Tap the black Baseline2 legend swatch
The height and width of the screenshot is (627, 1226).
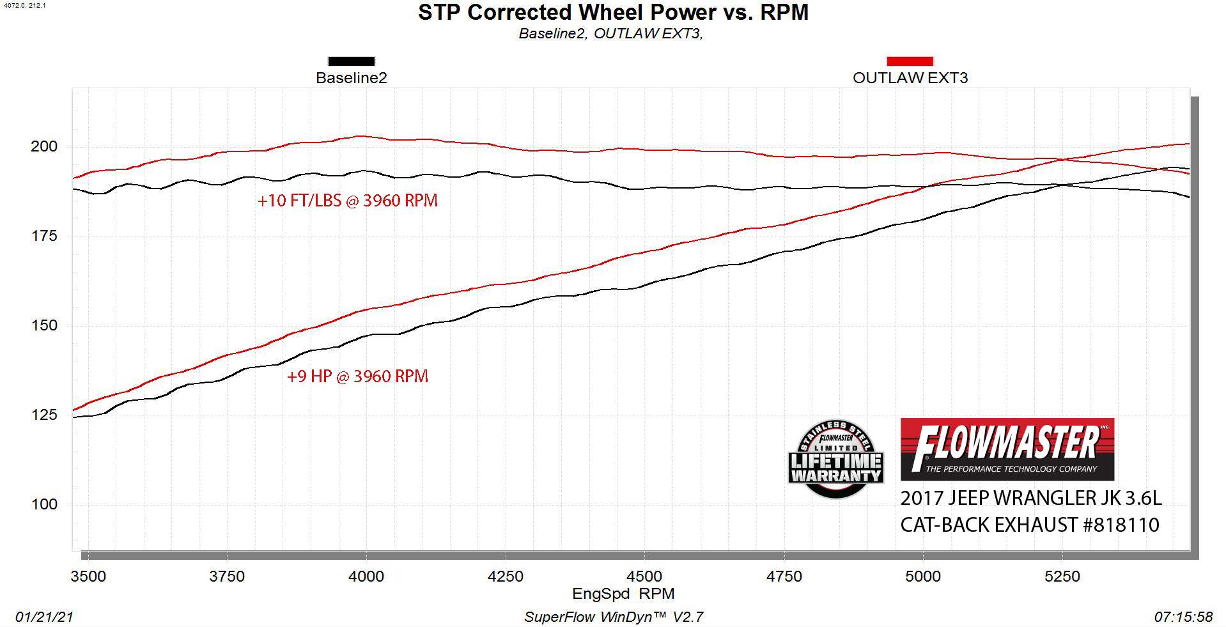[351, 61]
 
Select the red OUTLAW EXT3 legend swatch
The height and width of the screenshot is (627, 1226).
[910, 61]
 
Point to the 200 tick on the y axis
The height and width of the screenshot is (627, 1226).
[44, 146]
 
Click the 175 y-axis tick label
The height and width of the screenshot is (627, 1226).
[44, 236]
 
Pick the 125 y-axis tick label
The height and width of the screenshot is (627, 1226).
[44, 415]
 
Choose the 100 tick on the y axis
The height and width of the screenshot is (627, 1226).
[44, 504]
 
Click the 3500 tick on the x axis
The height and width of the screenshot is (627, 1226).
[88, 577]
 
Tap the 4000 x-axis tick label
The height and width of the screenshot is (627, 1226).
[366, 577]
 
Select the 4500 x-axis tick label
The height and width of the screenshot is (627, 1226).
[644, 577]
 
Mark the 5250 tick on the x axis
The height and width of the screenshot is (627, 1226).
[1062, 577]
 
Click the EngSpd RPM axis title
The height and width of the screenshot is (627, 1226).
[623, 594]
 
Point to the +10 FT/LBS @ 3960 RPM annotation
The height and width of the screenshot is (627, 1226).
[348, 201]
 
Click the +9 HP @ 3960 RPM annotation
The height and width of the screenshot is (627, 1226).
[357, 376]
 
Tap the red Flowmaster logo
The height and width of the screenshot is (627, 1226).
[1007, 449]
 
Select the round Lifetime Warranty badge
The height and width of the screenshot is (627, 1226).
[835, 459]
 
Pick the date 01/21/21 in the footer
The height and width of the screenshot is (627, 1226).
[44, 617]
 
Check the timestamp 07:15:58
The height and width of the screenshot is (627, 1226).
[1183, 617]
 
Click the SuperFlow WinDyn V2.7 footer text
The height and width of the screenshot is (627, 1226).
[614, 617]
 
